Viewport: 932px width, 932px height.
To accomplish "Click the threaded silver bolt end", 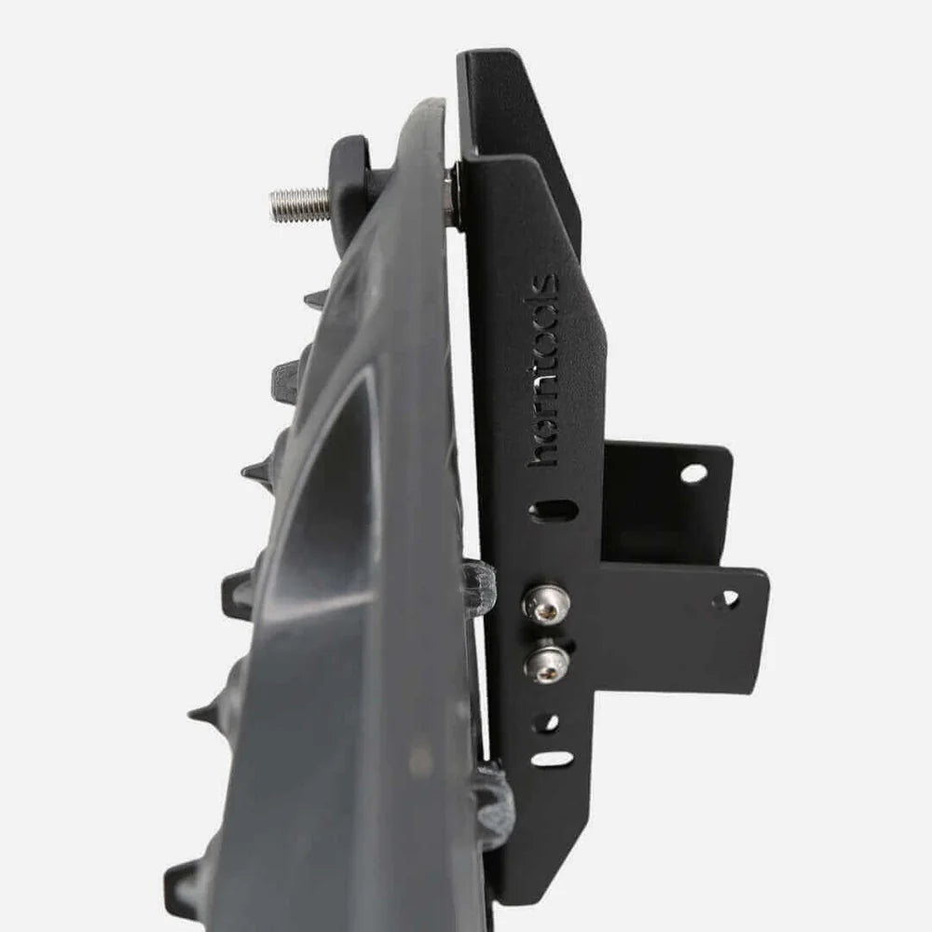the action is click(x=299, y=204).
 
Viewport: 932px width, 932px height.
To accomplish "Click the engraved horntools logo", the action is click(x=542, y=370).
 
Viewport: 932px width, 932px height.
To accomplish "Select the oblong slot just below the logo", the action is click(x=553, y=510).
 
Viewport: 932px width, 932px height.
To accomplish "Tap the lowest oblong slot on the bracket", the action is click(x=553, y=760).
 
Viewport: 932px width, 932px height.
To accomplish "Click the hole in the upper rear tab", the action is click(x=693, y=473).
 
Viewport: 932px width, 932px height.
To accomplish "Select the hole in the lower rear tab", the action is click(x=730, y=599).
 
